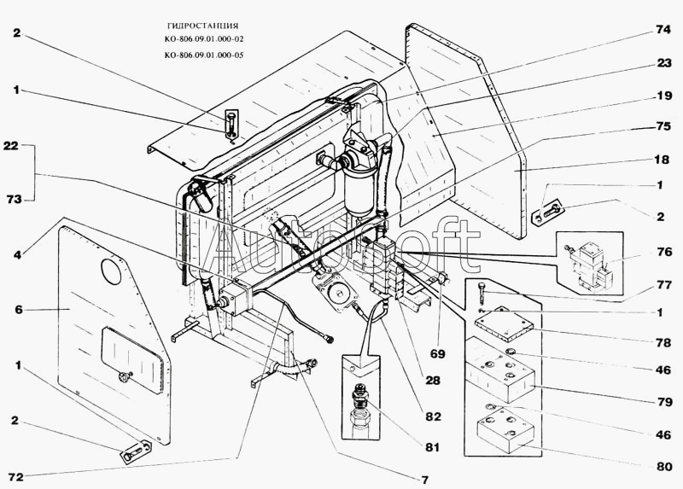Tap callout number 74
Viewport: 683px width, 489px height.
coord(663,28)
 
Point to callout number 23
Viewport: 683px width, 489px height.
coord(663,62)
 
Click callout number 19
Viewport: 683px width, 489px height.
coord(663,96)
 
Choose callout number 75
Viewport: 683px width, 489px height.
coord(663,125)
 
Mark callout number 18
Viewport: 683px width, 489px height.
coord(663,159)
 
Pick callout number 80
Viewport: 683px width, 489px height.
coord(663,466)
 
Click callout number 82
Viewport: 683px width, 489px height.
coord(433,416)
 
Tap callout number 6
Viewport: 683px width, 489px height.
coord(18,310)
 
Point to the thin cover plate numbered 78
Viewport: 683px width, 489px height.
coord(504,323)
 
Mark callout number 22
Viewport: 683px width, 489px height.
coord(11,146)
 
